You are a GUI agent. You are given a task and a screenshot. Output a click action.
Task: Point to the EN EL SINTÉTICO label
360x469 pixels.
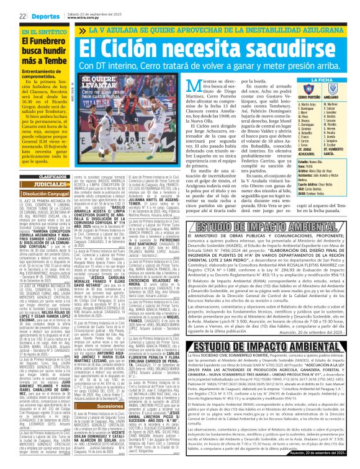click(x=42, y=32)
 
